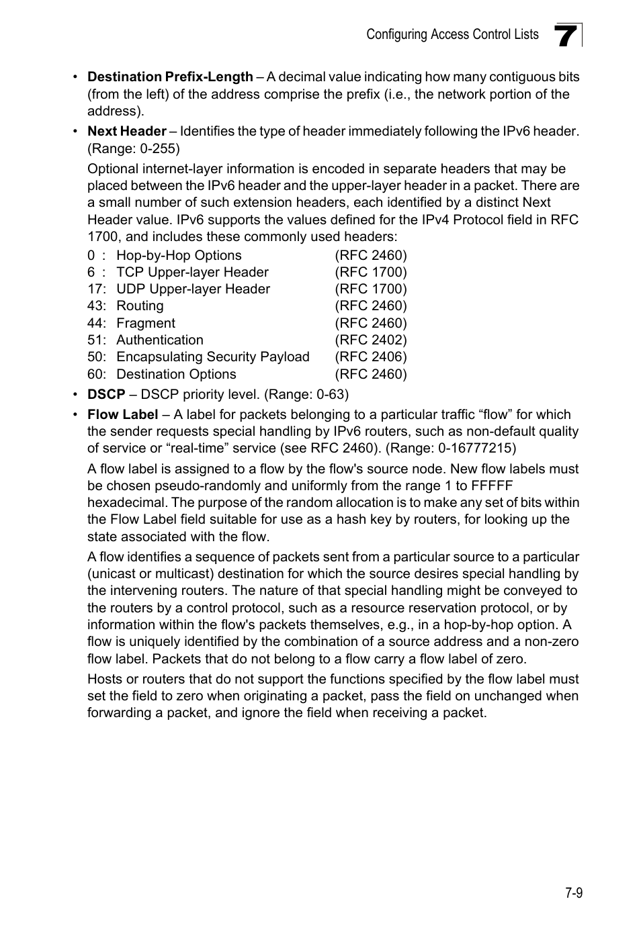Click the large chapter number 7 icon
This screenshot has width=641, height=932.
(x=566, y=36)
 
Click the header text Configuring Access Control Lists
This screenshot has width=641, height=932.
(x=452, y=35)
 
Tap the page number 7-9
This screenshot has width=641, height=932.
(x=573, y=892)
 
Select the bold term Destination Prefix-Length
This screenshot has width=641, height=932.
(x=170, y=77)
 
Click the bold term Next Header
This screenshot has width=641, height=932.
(x=127, y=132)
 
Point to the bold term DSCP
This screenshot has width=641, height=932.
(x=106, y=394)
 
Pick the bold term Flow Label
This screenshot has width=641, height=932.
(x=123, y=415)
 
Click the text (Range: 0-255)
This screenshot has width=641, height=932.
(x=134, y=148)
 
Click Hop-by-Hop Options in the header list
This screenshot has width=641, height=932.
(x=179, y=256)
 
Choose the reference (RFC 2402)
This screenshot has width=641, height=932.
(x=371, y=340)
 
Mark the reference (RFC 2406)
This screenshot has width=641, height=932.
(x=371, y=357)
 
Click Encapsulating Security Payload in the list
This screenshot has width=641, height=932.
(x=213, y=357)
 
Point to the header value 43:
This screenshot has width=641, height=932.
(x=97, y=306)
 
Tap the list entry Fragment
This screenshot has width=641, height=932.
(x=146, y=324)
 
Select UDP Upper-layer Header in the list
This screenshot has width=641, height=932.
(x=193, y=289)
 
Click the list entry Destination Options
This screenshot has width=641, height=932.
(x=176, y=375)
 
